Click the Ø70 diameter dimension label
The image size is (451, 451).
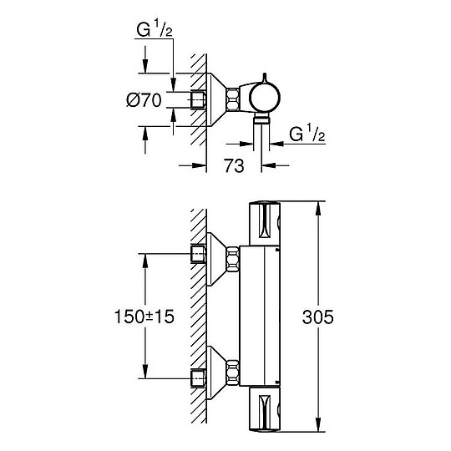[144, 100]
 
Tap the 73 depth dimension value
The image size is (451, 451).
[234, 166]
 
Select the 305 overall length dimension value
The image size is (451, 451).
[318, 317]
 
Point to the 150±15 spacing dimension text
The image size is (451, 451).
[144, 317]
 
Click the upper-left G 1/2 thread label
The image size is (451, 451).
[155, 29]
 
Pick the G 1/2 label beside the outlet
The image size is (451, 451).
[307, 133]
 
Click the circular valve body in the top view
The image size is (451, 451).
[264, 97]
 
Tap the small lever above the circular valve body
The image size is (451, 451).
[265, 78]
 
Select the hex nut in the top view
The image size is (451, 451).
[233, 99]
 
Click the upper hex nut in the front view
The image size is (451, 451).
[233, 260]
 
